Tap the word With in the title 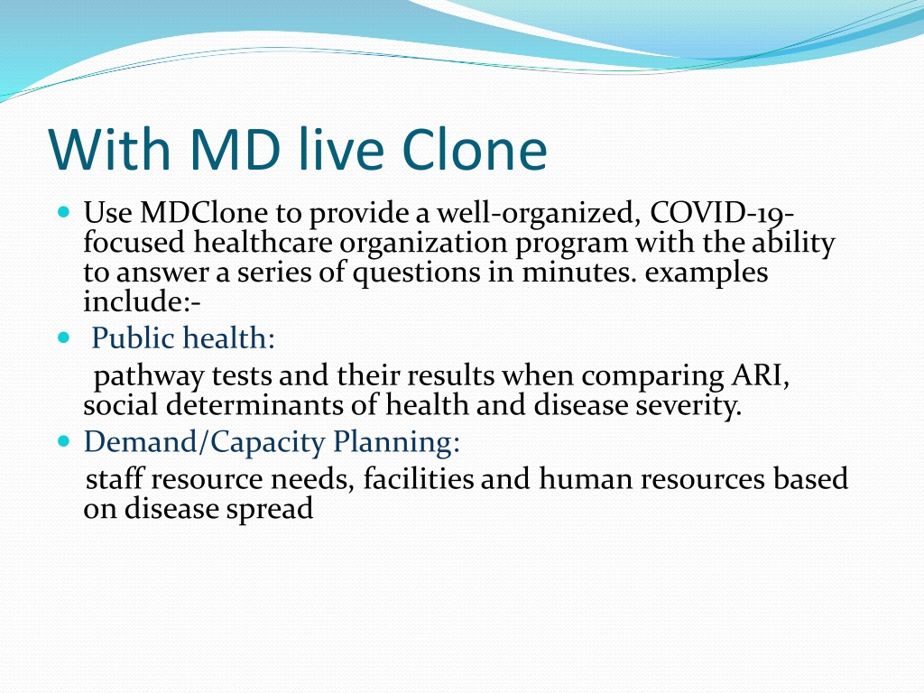[109, 149]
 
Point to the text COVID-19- [722, 213]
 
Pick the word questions [417, 273]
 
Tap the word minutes [579, 272]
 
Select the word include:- [142, 301]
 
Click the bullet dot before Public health [64, 337]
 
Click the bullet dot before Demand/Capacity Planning [64, 440]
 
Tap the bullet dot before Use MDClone [64, 211]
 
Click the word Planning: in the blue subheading [396, 442]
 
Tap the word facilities [419, 478]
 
